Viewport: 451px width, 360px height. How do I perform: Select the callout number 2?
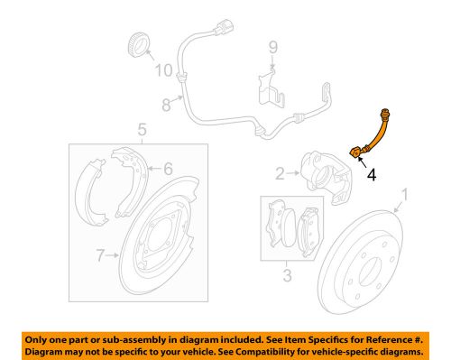(x=281, y=171)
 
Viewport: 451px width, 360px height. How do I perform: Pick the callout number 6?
(x=167, y=167)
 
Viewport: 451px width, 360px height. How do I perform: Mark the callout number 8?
(x=166, y=105)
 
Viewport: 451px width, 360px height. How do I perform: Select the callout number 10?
(x=163, y=69)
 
